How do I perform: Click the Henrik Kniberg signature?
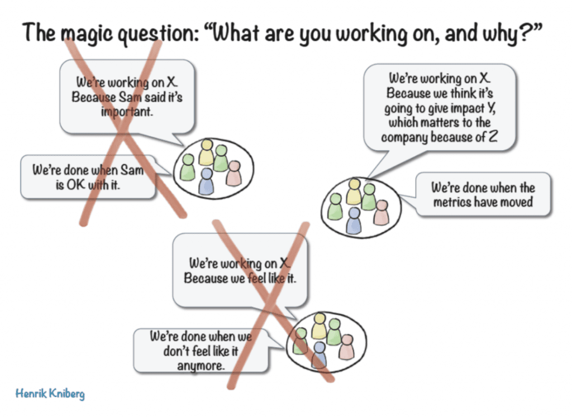pos(50,394)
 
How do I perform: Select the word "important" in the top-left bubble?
pos(127,112)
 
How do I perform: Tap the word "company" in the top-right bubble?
pos(404,137)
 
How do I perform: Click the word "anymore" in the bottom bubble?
pos(201,366)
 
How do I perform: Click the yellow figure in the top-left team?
pos(207,152)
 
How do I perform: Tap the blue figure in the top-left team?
pos(206,181)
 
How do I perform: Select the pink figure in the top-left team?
pos(234,174)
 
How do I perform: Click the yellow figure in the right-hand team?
pos(354,191)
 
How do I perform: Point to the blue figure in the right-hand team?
pos(354,221)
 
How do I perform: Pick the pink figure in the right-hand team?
pos(381,213)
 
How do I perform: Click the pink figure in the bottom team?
pos(346,347)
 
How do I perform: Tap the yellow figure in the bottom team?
pos(319,326)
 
